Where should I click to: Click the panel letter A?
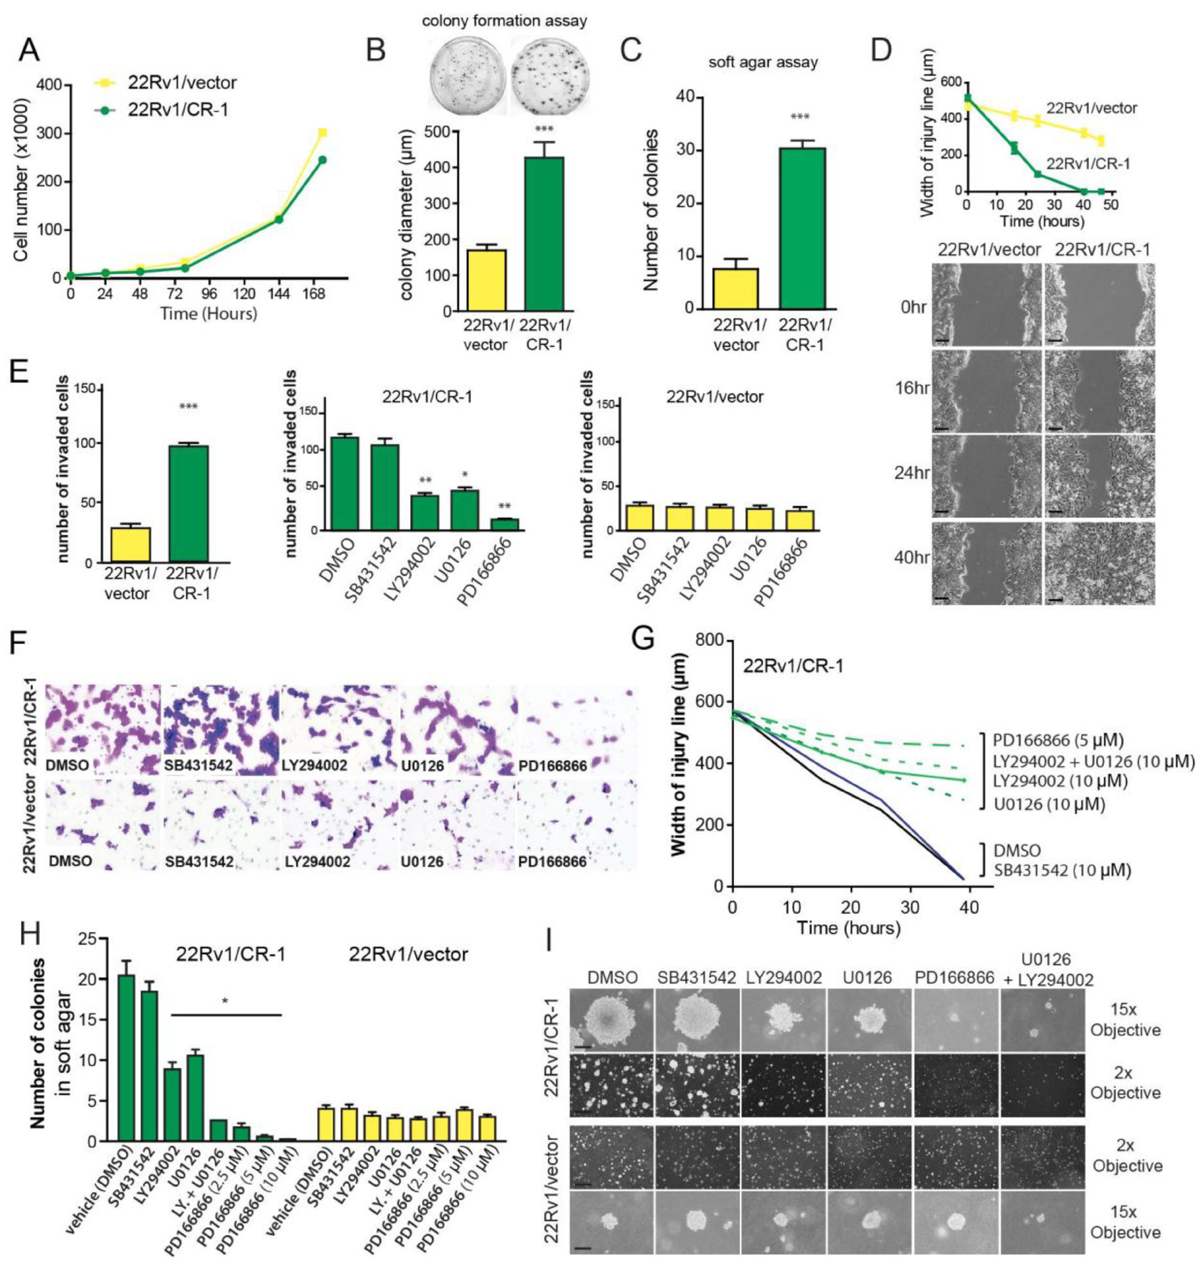pyautogui.click(x=29, y=49)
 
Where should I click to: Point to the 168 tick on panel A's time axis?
pyautogui.click(x=314, y=294)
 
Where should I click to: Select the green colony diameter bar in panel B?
pyautogui.click(x=544, y=233)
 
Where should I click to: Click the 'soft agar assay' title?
pyautogui.click(x=762, y=63)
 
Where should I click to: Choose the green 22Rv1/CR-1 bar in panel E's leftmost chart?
pyautogui.click(x=188, y=503)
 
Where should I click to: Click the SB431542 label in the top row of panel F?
pyautogui.click(x=198, y=766)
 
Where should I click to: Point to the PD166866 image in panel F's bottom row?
pyautogui.click(x=576, y=825)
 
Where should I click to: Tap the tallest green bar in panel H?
pyautogui.click(x=126, y=1057)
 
